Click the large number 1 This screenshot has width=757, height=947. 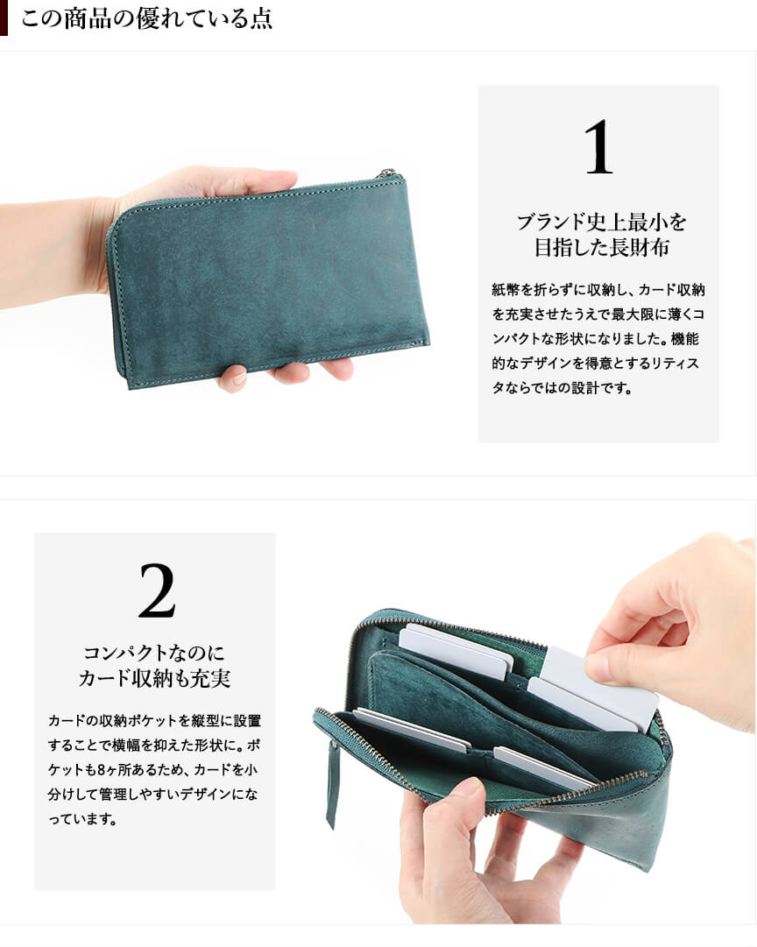pos(598,147)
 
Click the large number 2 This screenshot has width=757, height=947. pos(157,590)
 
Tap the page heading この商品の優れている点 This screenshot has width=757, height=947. pos(147,18)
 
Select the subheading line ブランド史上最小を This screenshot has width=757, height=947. pos(601,223)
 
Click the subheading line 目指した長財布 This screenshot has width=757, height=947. pos(601,248)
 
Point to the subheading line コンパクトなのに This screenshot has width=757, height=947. pos(154,653)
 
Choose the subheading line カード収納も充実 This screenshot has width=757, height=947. pos(154,678)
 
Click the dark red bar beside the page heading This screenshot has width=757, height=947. pos(4,18)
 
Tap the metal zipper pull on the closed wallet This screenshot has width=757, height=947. pos(388,173)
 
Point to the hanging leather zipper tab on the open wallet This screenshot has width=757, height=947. pos(332,784)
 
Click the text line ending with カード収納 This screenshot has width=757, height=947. pos(598,290)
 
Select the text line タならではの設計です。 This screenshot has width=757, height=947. pos(562,388)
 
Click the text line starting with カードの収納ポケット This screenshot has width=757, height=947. pos(154,720)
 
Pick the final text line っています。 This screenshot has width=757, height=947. pos(82,819)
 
